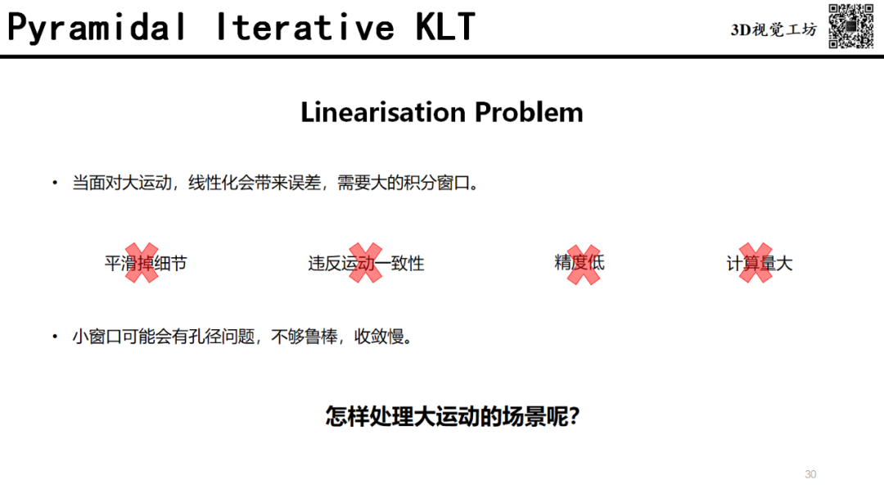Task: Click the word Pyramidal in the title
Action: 97,28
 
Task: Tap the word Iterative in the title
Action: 305,27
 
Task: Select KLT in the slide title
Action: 445,27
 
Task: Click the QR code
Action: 850,26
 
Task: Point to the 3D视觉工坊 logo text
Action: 773,29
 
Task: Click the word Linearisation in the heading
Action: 383,111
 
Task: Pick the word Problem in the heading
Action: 529,111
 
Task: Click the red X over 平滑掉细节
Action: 142,263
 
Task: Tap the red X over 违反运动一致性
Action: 365,263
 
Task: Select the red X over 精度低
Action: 584,265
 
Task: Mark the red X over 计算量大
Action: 755,263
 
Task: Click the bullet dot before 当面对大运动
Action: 55,183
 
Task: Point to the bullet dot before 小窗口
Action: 55,337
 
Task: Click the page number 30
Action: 810,474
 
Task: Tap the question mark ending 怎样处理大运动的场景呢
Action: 574,417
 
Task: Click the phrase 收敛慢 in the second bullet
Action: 379,337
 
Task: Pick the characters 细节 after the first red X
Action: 170,264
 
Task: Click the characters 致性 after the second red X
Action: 408,264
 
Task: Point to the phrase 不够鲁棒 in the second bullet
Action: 304,337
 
